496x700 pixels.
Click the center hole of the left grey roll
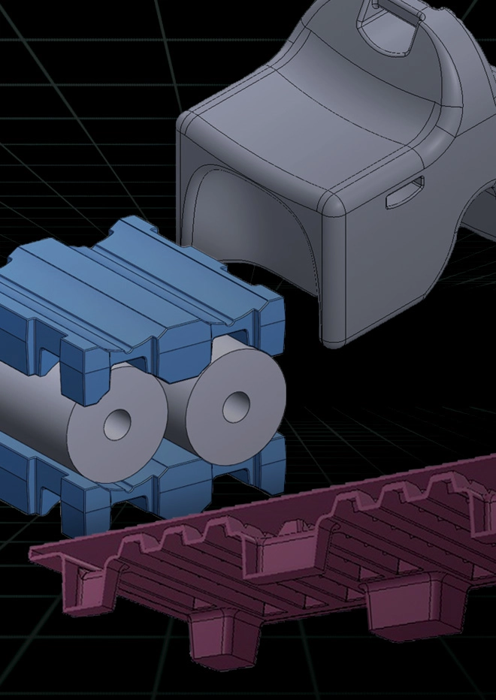(118, 425)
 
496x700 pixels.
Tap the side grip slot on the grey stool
(405, 192)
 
